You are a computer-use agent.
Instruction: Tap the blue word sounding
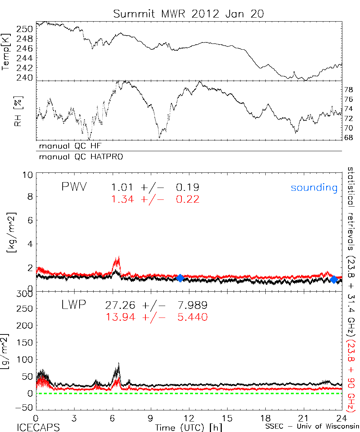click(314, 188)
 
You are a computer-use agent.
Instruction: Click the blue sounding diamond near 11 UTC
click(180, 278)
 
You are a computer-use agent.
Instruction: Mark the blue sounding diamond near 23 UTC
click(334, 280)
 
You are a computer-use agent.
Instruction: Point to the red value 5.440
click(192, 317)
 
